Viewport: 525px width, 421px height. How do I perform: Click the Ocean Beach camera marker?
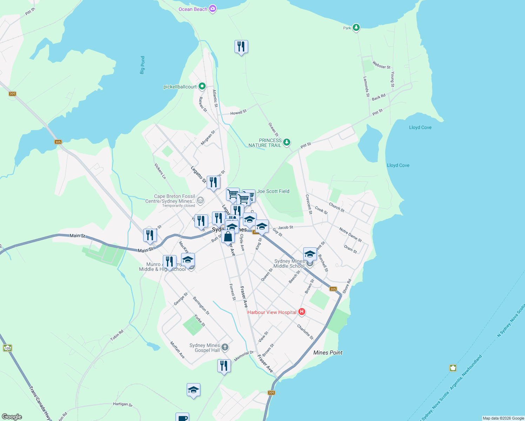coord(212,9)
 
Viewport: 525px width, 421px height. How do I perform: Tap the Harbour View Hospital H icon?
coord(301,312)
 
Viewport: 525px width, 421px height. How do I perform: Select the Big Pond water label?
coord(142,65)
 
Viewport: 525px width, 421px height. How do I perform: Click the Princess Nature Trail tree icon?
coord(287,142)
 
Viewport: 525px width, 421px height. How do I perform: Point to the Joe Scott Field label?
coord(273,191)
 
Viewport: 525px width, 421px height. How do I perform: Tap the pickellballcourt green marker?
coord(202,86)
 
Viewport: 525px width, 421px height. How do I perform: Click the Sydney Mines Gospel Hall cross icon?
coord(225,347)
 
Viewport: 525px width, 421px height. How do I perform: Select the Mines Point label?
coord(328,353)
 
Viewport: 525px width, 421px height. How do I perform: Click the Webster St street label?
coord(381,65)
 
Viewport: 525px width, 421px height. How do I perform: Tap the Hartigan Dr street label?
coord(123,404)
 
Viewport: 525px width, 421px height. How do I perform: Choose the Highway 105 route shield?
coord(7,348)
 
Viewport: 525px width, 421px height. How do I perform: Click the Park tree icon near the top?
coord(356,27)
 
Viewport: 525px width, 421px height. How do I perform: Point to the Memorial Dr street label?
coord(244,356)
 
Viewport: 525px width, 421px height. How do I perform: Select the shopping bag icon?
coord(228,237)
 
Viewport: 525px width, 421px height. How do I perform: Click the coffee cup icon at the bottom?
coord(182,417)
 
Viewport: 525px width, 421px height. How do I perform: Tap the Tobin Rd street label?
coord(117,335)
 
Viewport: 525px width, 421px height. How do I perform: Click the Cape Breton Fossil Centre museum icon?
coord(200,201)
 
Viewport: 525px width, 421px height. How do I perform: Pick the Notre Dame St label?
coord(350,235)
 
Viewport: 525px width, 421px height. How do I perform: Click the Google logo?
coord(12,417)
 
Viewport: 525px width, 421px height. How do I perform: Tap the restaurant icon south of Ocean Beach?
coord(241,46)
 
